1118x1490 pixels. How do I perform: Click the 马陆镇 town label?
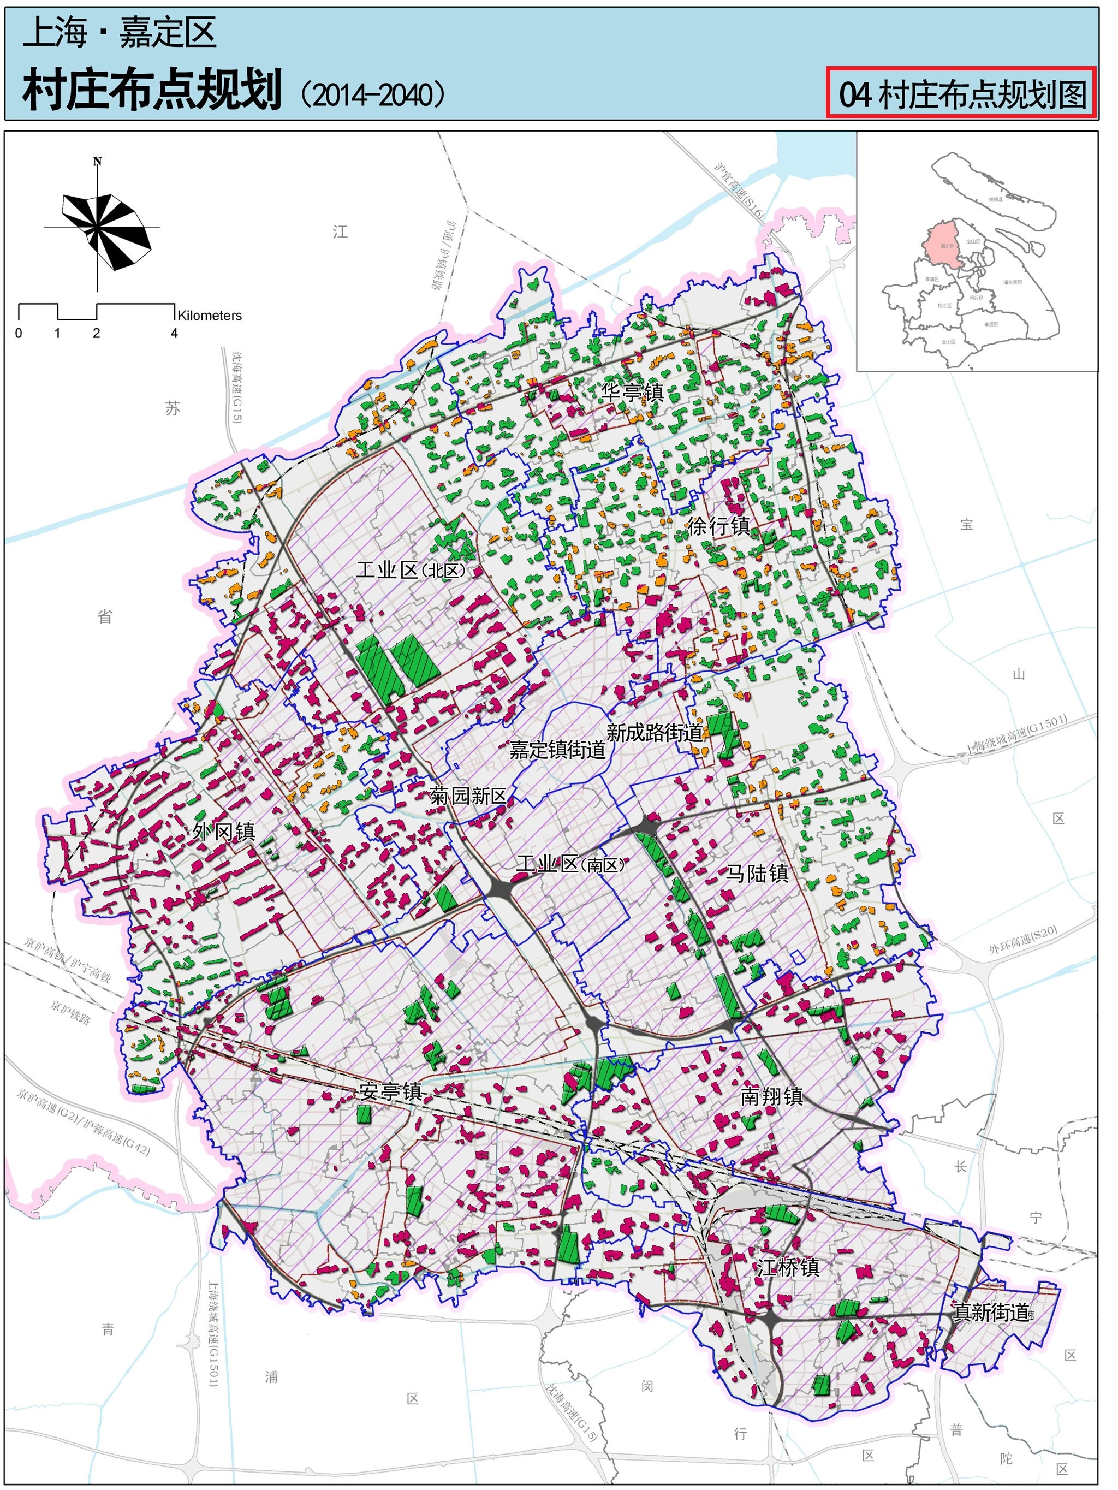click(x=757, y=874)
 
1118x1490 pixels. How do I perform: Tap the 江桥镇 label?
click(x=787, y=1268)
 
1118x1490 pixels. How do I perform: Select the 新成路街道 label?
click(x=655, y=732)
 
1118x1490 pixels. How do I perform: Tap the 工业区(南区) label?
click(x=570, y=864)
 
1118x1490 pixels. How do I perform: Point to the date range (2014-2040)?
click(x=372, y=94)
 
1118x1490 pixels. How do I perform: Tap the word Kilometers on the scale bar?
click(x=210, y=315)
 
